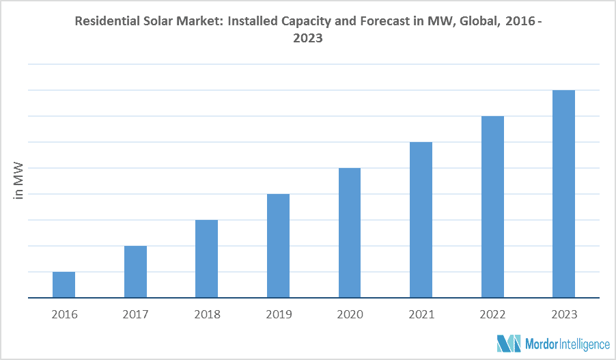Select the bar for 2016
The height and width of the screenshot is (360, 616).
(64, 285)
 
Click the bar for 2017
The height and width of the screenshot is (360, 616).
(135, 272)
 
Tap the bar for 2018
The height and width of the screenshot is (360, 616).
(207, 259)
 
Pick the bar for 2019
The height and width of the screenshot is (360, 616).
(278, 246)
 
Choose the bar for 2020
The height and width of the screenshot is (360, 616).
(350, 233)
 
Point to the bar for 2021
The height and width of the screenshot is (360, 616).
(421, 220)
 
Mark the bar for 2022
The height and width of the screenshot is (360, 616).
(492, 207)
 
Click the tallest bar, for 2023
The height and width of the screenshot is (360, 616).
(563, 194)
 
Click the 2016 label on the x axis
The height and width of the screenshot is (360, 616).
(64, 315)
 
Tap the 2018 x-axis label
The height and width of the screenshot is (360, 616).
(207, 315)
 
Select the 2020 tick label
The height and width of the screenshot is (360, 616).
(350, 315)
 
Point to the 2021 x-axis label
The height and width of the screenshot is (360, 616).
(421, 315)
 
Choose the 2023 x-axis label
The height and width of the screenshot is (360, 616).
(563, 315)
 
